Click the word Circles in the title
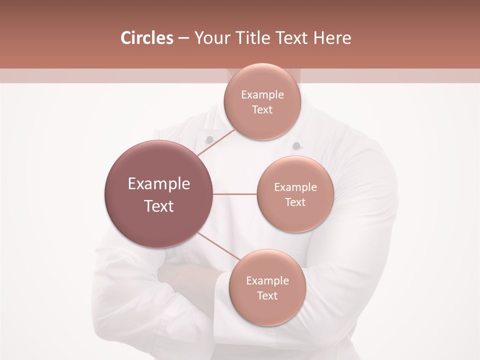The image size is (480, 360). [x=146, y=38]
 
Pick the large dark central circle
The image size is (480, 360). [x=159, y=194]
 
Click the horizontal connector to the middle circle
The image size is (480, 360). [x=235, y=194]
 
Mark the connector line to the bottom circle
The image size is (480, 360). [x=218, y=246]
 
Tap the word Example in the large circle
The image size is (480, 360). [x=159, y=184]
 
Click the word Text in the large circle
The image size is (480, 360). [x=159, y=206]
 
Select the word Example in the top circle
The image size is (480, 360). [x=262, y=95]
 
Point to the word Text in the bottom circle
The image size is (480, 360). [x=267, y=296]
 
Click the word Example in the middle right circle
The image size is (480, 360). [x=295, y=187]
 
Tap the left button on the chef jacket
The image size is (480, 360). [x=210, y=138]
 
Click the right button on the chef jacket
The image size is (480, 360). [x=296, y=146]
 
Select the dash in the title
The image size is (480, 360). [x=183, y=38]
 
